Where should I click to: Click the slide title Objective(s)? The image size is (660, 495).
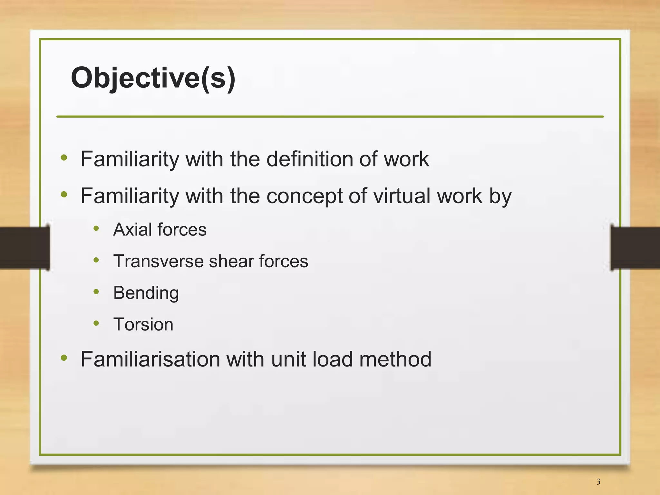coord(153,78)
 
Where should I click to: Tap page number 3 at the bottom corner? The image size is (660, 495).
coord(598,482)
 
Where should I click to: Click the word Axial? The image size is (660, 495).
coord(132,230)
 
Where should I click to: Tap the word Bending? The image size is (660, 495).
coord(146,293)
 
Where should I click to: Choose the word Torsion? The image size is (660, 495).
coord(143,324)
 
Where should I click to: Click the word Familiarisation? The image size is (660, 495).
coord(150,359)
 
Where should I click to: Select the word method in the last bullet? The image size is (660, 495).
coord(395,359)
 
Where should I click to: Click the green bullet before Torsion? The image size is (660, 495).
coord(96,323)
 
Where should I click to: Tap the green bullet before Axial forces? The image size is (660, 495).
coord(96,228)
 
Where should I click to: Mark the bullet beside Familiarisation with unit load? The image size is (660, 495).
coord(64,357)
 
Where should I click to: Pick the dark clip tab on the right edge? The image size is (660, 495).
coord(635,247)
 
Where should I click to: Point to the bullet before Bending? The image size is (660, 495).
coord(96,291)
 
